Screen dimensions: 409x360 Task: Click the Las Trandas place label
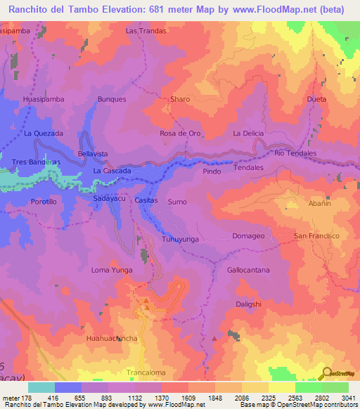click(146, 32)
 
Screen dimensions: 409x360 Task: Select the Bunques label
click(112, 100)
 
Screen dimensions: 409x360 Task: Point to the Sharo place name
click(180, 100)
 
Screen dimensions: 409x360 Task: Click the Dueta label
click(317, 100)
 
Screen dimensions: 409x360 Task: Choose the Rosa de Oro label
click(181, 134)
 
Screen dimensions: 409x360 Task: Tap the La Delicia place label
click(247, 133)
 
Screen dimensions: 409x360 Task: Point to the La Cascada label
click(112, 171)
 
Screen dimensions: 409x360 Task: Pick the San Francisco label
click(317, 235)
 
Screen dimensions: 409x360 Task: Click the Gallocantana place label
click(248, 270)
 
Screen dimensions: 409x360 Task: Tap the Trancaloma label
click(146, 372)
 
